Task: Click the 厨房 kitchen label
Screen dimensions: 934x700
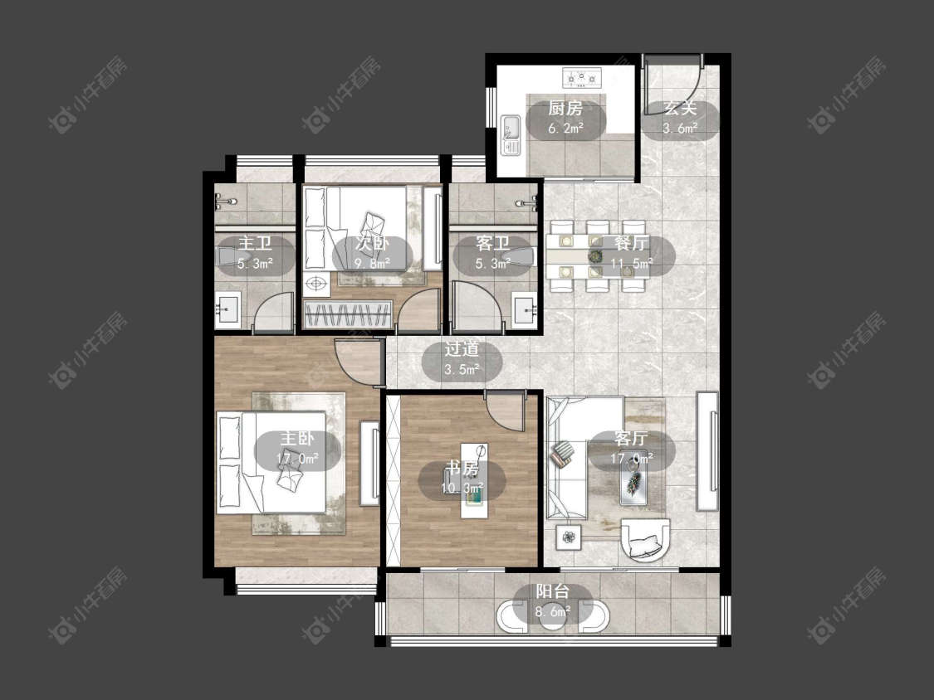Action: click(x=565, y=109)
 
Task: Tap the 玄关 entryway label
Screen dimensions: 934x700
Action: click(x=680, y=109)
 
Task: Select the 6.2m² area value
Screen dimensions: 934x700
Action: click(x=565, y=128)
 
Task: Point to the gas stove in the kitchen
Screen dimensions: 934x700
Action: click(x=582, y=77)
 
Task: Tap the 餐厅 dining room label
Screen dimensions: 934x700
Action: click(x=632, y=244)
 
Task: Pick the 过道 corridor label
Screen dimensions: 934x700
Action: click(x=462, y=349)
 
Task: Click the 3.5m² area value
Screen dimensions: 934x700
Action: click(x=462, y=370)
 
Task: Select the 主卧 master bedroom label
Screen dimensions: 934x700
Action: click(x=297, y=439)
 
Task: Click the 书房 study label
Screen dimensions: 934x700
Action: click(x=462, y=469)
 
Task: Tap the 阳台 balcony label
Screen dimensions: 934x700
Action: click(x=553, y=591)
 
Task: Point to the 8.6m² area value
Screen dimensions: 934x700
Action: click(x=553, y=611)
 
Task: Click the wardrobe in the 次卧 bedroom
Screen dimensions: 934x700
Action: click(x=349, y=314)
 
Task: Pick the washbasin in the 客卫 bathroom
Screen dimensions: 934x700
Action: click(x=526, y=310)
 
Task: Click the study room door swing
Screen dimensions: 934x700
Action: click(x=505, y=411)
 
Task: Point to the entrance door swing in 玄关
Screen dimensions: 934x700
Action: click(x=672, y=85)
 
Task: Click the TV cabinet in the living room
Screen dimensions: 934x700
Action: click(x=707, y=450)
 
